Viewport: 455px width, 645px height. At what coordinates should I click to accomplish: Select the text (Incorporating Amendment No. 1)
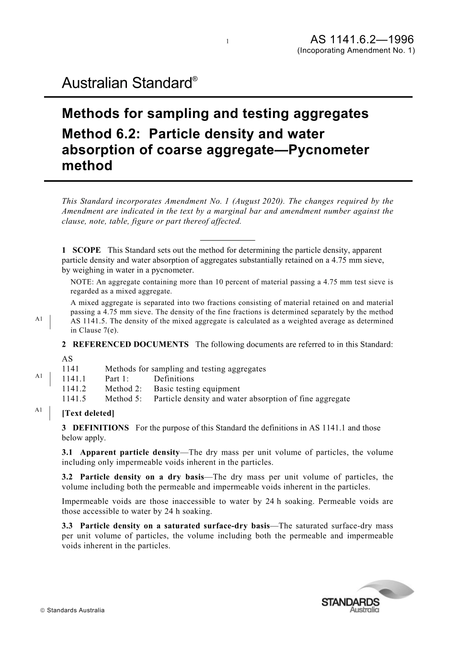coord(356,51)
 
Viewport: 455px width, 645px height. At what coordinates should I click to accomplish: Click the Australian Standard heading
coord(127,83)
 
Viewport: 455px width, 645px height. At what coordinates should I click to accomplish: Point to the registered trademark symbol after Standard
coord(195,78)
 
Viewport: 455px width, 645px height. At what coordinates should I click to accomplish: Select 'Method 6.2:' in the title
coord(100,134)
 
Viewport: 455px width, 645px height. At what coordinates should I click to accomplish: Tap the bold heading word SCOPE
coord(86,250)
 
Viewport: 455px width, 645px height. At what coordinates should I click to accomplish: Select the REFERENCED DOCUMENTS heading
coord(130,344)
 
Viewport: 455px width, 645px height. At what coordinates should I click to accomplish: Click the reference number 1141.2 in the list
coord(74,389)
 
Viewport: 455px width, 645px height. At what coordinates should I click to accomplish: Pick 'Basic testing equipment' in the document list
coord(196,389)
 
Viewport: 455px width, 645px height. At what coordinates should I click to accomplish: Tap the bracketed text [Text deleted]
coord(88,413)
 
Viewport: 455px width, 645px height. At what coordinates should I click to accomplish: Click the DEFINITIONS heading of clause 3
coord(101,428)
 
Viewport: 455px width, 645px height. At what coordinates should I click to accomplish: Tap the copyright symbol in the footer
coord(42,610)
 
